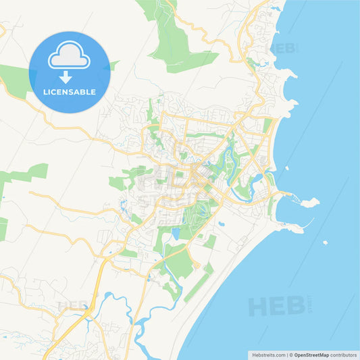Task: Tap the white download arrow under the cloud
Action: point(66,78)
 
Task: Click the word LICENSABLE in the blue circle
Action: point(69,92)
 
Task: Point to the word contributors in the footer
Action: point(343,354)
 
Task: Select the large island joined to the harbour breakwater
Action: point(309,202)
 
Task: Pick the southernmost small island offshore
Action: point(325,242)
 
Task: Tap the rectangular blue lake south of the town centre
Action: point(176,234)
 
